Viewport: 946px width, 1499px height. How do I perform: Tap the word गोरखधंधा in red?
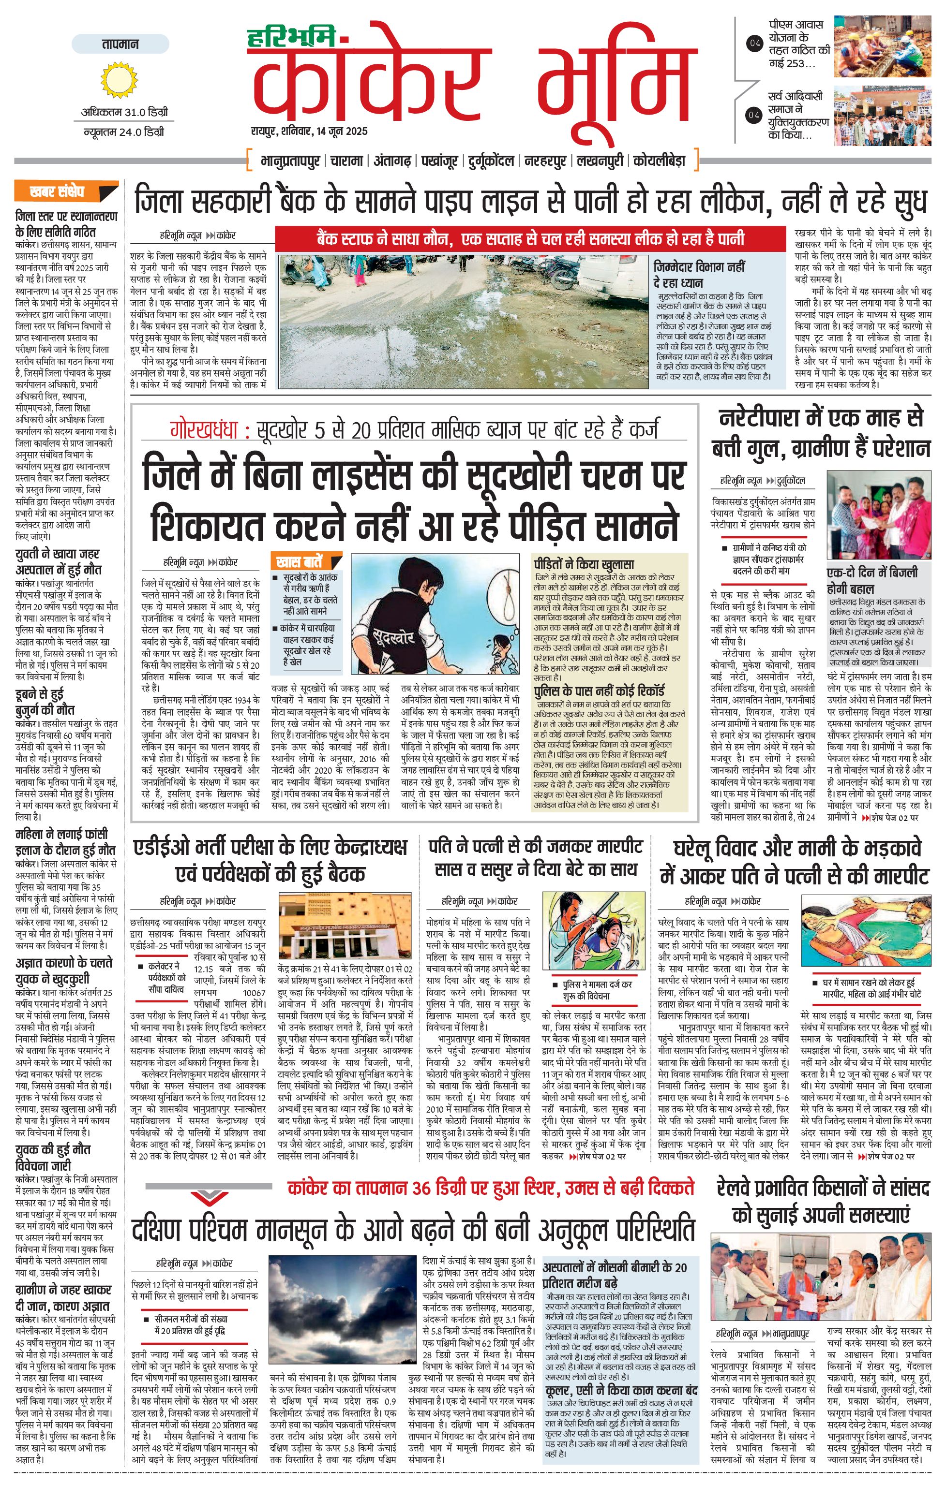(x=205, y=430)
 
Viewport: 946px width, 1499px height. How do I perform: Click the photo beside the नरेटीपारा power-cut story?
(x=879, y=515)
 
